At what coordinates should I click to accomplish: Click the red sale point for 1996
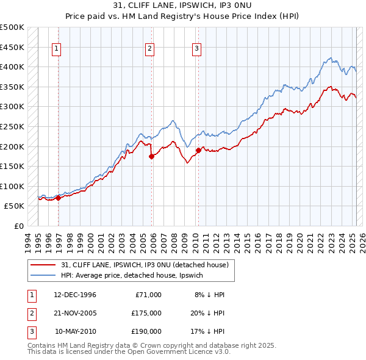(x=59, y=198)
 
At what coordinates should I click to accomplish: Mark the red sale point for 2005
(x=152, y=156)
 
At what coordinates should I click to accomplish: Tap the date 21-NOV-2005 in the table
(x=75, y=313)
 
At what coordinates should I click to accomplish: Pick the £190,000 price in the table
(x=146, y=331)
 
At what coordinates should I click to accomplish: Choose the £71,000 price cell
(x=148, y=295)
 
